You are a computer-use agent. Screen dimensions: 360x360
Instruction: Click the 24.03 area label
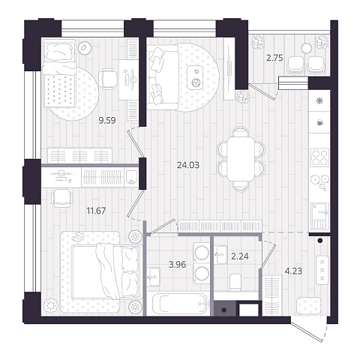(x=188, y=165)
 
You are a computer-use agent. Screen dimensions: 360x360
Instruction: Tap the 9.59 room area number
(x=107, y=121)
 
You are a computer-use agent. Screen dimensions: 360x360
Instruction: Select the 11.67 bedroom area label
(x=96, y=211)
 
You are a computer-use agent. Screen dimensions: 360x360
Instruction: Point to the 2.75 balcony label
(x=274, y=58)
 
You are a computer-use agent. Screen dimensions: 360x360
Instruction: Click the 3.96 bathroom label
(x=177, y=265)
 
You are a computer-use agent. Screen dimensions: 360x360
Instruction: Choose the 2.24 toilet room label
(x=240, y=256)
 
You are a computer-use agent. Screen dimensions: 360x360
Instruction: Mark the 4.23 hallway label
(x=293, y=271)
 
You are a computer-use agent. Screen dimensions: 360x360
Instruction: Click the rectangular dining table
(x=241, y=158)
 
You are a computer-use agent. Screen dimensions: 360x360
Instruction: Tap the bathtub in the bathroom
(x=178, y=303)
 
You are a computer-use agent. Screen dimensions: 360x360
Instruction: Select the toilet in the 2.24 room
(x=235, y=283)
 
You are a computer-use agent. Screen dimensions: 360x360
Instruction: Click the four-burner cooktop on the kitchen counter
(x=319, y=157)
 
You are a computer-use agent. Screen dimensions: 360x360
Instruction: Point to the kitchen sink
(x=319, y=216)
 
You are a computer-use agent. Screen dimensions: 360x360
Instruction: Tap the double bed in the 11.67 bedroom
(x=105, y=272)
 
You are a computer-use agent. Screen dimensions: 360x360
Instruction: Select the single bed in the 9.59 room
(x=59, y=73)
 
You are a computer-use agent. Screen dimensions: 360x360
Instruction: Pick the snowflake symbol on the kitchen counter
(x=319, y=101)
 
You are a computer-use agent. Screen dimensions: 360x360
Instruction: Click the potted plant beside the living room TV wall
(x=242, y=97)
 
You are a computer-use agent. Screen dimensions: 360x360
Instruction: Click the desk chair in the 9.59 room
(x=108, y=79)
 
